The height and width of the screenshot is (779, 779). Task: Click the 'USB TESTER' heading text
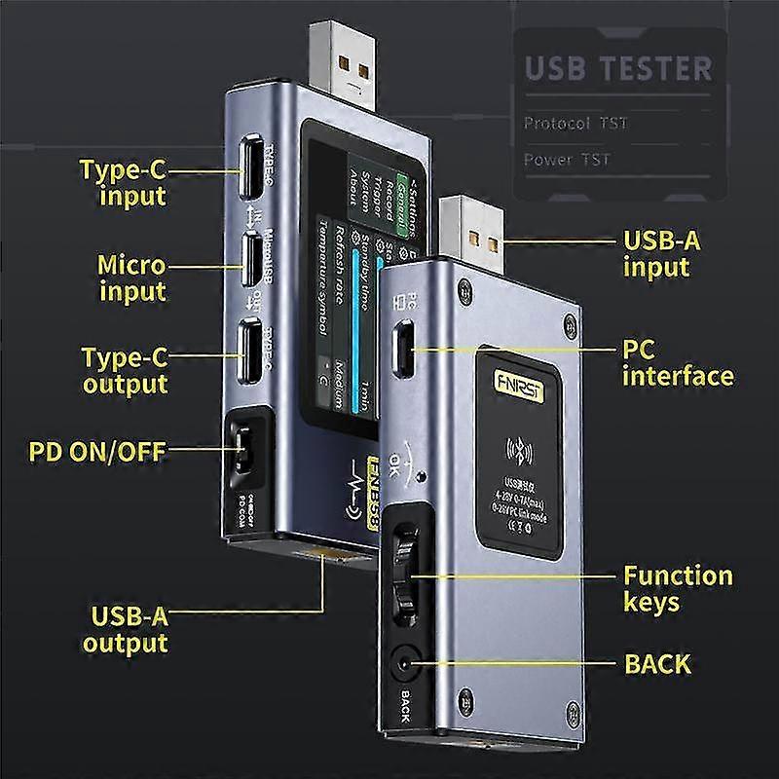click(x=618, y=70)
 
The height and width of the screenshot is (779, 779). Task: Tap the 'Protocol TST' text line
click(x=575, y=124)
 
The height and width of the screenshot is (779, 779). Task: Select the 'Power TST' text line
click(x=568, y=160)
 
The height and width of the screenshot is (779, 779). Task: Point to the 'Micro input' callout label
click(x=131, y=278)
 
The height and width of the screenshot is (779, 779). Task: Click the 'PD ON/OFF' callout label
click(x=96, y=451)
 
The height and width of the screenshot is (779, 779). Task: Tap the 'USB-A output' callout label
click(x=125, y=629)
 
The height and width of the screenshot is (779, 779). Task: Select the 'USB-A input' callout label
click(x=662, y=253)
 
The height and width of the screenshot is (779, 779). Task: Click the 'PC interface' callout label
click(x=677, y=361)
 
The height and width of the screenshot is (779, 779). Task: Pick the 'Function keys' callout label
click(x=678, y=588)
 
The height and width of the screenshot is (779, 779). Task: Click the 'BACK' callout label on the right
click(x=657, y=665)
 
